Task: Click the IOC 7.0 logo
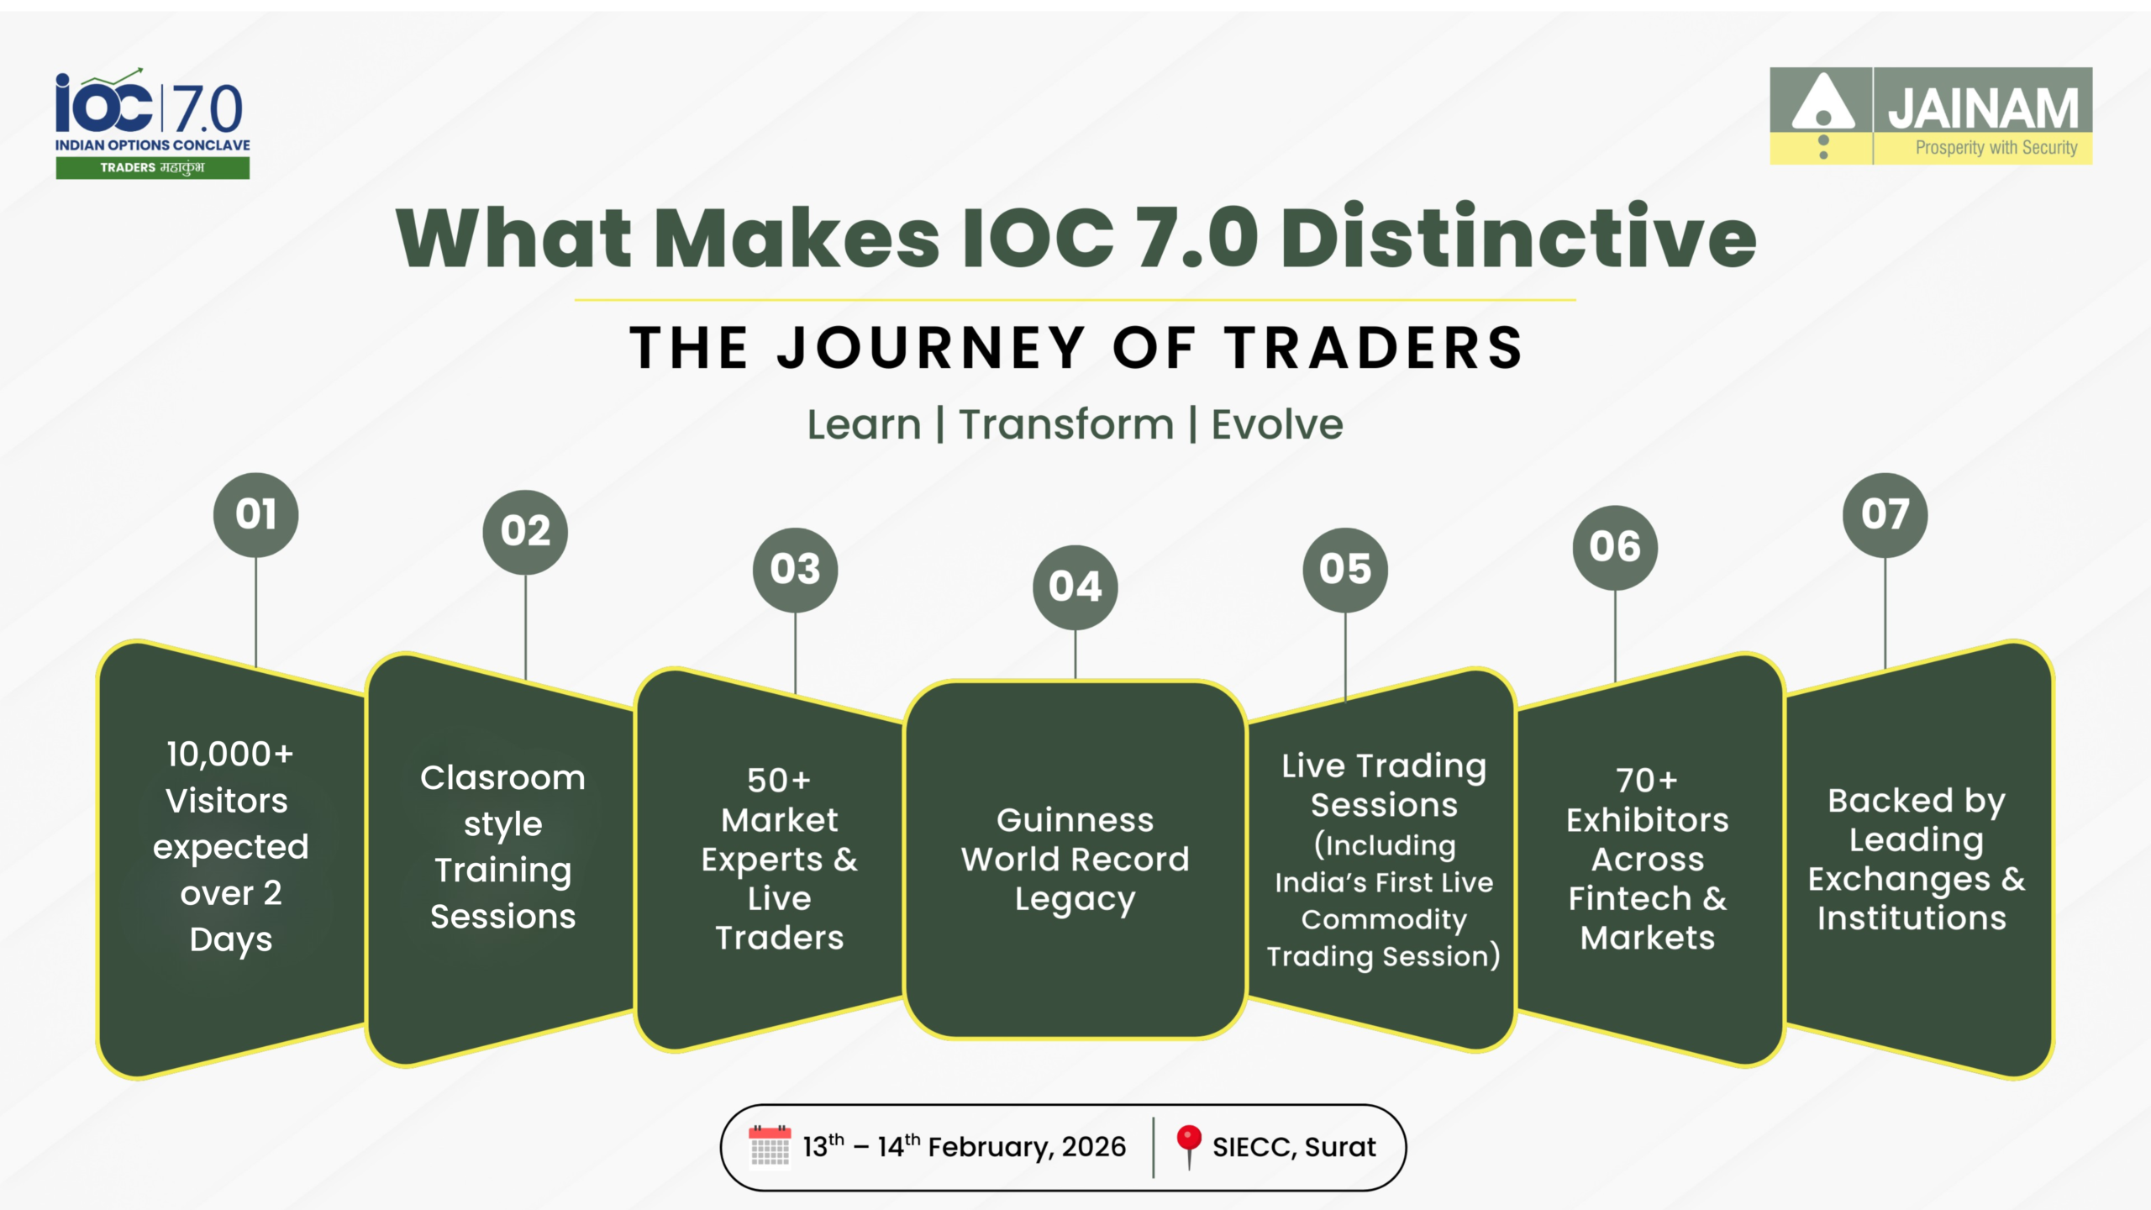(152, 123)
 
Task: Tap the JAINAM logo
(1931, 115)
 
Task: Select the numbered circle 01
(255, 514)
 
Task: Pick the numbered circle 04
(1075, 587)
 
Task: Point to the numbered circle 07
(1885, 514)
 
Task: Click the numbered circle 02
(525, 532)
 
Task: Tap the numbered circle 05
(1344, 569)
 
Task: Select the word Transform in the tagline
(1066, 424)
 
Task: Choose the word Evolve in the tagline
(1277, 424)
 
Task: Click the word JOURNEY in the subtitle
(931, 348)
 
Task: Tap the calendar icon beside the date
(769, 1146)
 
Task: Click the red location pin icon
(1188, 1146)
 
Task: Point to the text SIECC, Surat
(1294, 1147)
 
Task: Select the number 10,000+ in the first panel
(230, 755)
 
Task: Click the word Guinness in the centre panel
(1075, 819)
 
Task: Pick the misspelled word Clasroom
(502, 777)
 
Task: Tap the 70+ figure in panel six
(1647, 781)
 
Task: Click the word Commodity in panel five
(1384, 920)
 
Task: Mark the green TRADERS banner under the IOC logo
(153, 168)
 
